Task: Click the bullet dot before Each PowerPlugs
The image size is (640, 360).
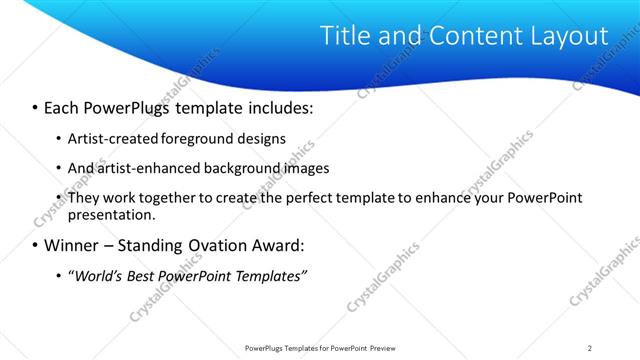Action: click(x=36, y=106)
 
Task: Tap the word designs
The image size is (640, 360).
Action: click(x=258, y=138)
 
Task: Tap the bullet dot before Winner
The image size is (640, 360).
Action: click(x=36, y=245)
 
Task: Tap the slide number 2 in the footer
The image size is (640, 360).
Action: click(x=589, y=348)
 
